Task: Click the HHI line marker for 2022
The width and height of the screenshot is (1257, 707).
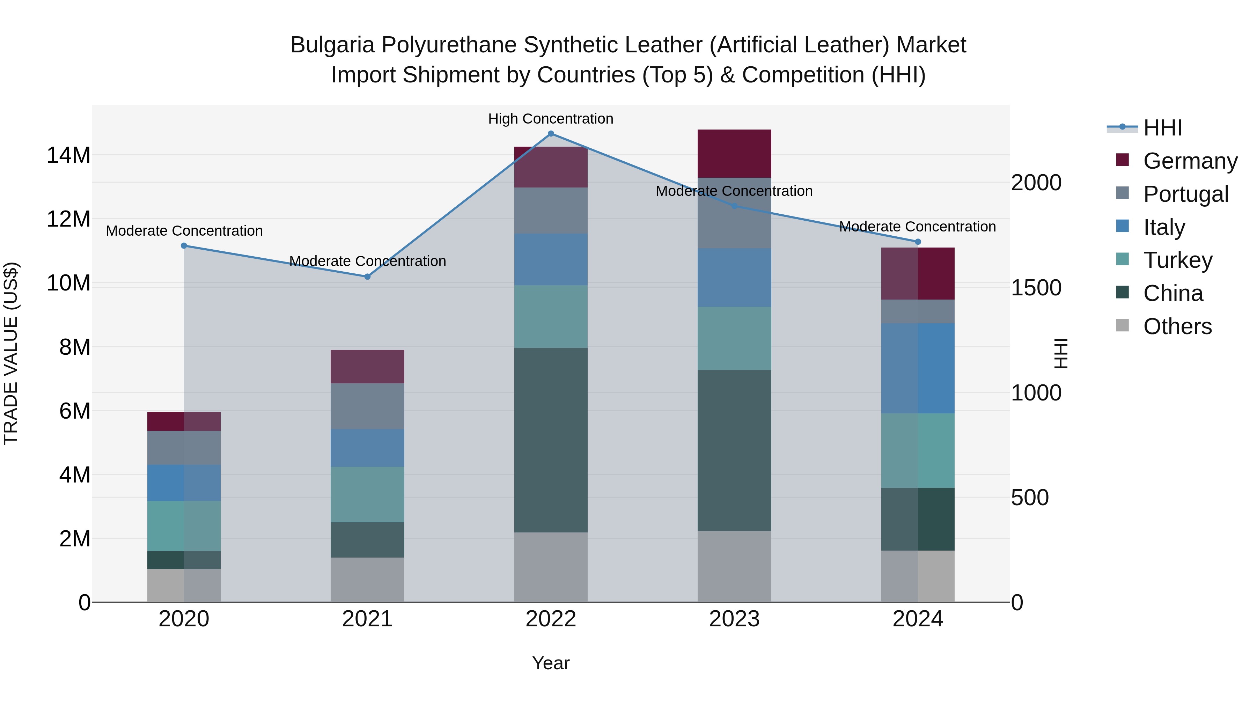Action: coord(551,134)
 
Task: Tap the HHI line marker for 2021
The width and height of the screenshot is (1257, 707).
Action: coord(367,277)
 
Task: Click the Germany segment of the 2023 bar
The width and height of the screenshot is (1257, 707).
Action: coord(734,154)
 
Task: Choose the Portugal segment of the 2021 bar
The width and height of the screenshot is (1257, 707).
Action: coord(367,406)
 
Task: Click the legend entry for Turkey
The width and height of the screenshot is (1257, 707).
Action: coord(1177,260)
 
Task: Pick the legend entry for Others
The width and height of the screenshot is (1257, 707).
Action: coord(1177,326)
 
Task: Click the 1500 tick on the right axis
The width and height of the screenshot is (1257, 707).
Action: coord(1036,288)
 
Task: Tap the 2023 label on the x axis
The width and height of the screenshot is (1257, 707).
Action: coord(734,619)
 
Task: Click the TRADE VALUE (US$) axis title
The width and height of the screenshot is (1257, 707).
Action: coord(11,353)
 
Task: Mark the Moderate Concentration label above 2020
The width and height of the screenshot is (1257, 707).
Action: coord(184,231)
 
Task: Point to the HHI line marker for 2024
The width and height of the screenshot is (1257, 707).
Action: coord(917,242)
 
